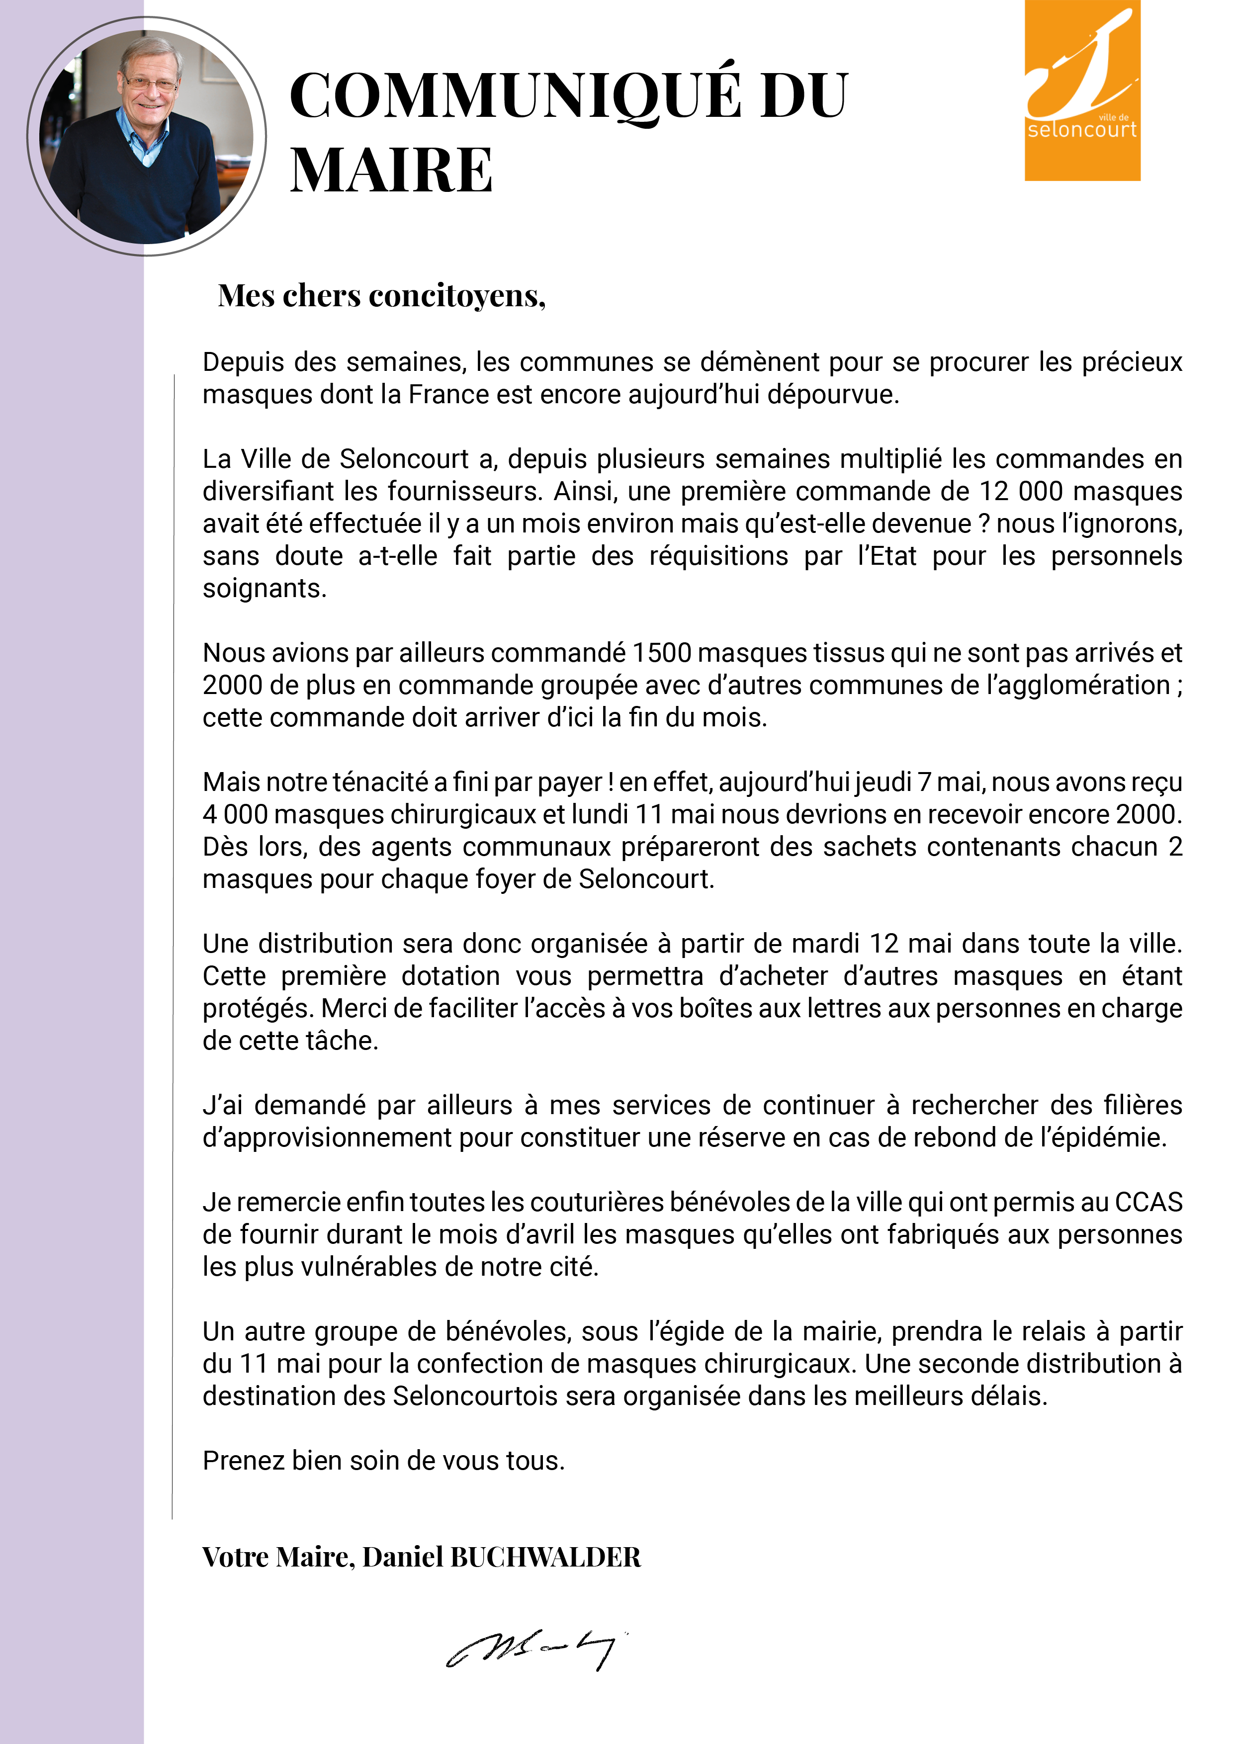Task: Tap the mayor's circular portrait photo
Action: [147, 137]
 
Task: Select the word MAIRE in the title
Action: [391, 170]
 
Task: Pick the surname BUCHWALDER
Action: [545, 1557]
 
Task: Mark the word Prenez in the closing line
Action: [243, 1460]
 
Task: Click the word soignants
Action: [263, 589]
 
